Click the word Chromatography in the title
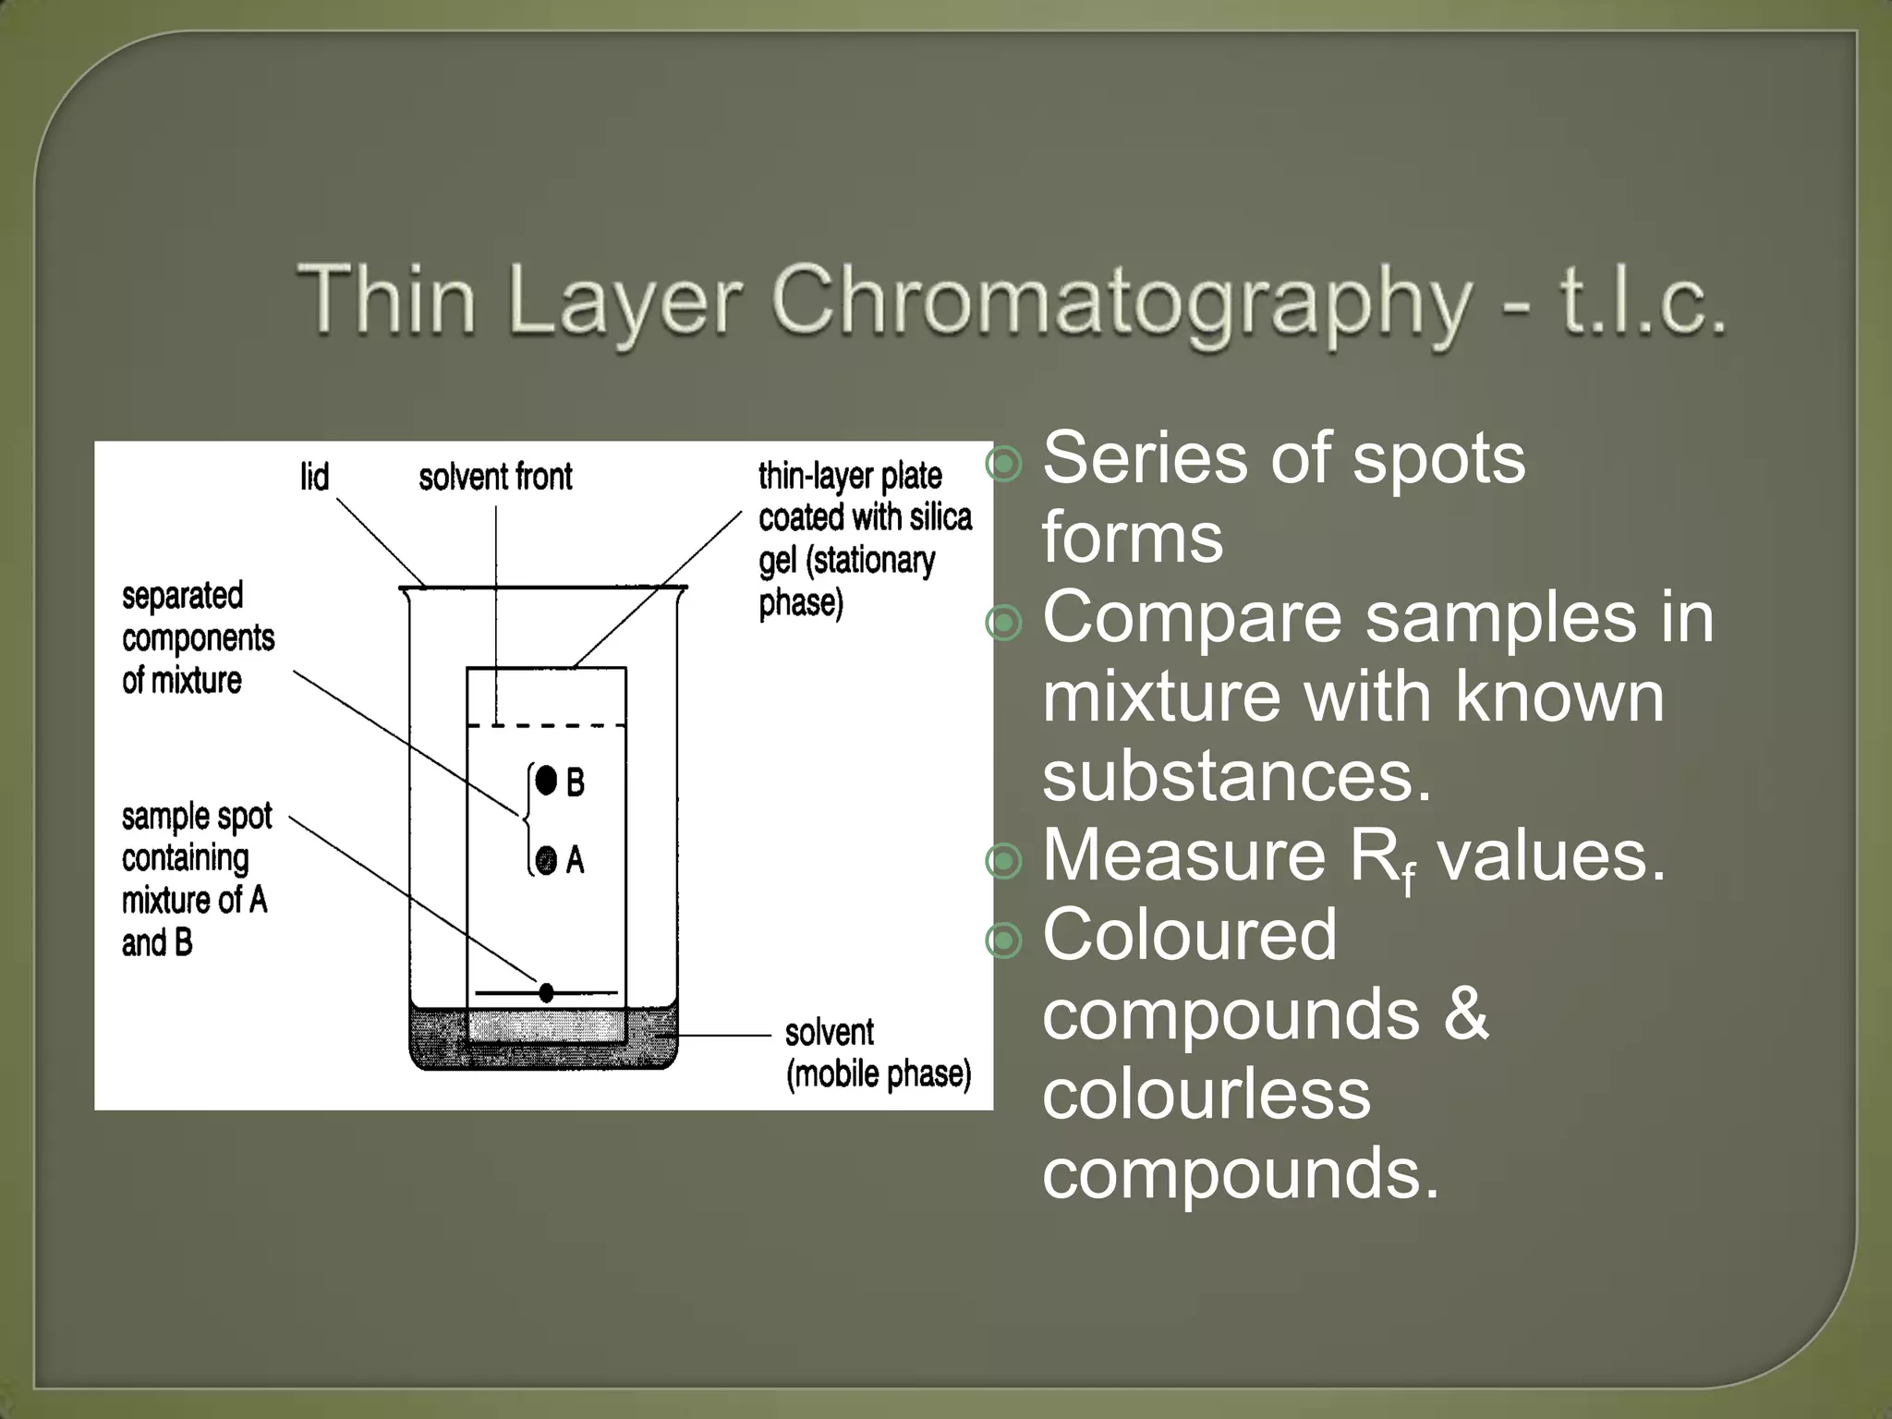point(1121,300)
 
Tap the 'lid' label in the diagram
point(314,478)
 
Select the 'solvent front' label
point(495,478)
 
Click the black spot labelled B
point(547,781)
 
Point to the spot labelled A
point(547,859)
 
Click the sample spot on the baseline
point(546,992)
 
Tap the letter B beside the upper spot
point(576,783)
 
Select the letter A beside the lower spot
point(576,861)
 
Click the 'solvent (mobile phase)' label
point(877,1053)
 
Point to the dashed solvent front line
point(546,725)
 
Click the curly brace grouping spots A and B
point(526,818)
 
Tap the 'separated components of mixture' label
point(198,638)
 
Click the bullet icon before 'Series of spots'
point(1004,463)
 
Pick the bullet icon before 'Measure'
point(1004,861)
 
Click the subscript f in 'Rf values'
point(1406,878)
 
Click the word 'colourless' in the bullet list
point(1207,1094)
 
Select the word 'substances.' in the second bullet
point(1237,776)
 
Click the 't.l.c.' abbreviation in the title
point(1643,300)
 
